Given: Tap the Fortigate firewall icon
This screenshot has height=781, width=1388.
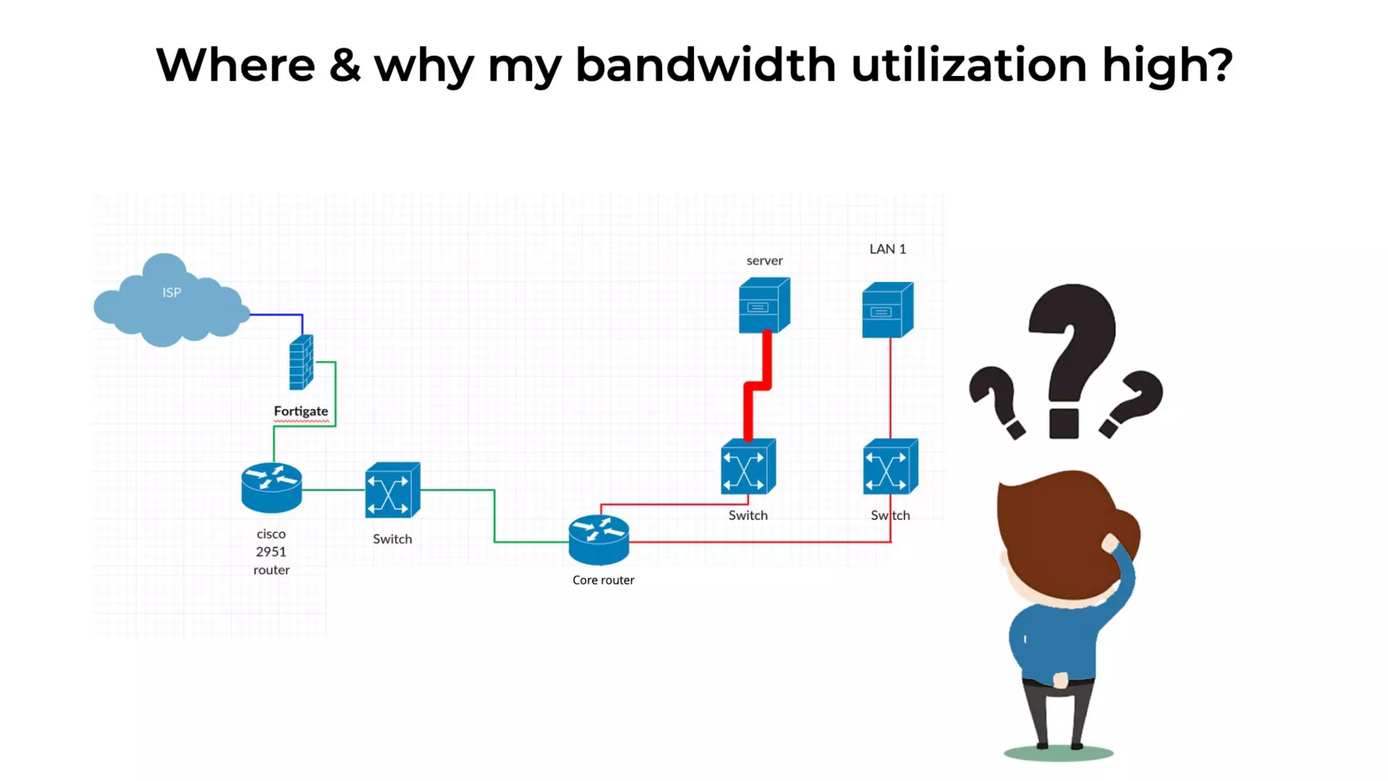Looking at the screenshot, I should coord(301,363).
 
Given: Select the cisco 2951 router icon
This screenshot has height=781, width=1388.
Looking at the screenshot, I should coord(271,487).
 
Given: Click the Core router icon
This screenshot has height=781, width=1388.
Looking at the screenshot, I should coord(599,540).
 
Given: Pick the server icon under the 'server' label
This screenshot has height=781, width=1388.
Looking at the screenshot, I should coord(764,305).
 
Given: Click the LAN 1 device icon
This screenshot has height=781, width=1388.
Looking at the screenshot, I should coord(887,310).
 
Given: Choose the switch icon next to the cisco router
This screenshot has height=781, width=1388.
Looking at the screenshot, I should coord(392,490).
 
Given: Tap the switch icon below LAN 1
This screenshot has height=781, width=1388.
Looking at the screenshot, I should coord(891,467).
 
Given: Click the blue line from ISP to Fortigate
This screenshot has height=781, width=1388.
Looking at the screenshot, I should coord(278,315).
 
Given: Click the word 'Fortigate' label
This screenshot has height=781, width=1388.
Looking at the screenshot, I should coord(301,411).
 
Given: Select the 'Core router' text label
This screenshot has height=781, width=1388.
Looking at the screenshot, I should coord(603,580).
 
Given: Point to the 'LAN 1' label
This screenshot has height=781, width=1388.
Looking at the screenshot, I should coord(887,249).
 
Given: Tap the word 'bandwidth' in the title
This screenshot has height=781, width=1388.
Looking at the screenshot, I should coord(706,65).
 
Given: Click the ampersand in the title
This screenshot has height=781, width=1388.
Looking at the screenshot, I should coord(345,65).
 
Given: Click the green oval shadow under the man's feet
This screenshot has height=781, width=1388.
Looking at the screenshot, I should coord(1058,753).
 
